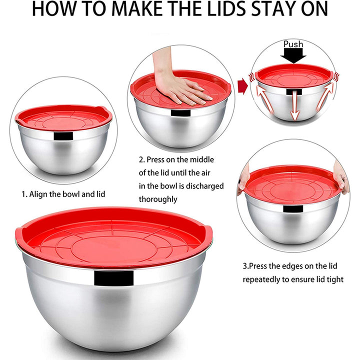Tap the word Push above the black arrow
tap(293, 44)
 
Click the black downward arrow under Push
tap(293, 56)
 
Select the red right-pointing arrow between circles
tap(242, 86)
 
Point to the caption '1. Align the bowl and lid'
tap(63, 194)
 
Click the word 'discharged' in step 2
tap(204, 185)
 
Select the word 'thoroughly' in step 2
tap(158, 199)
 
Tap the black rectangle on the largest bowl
tap(113, 278)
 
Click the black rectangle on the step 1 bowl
tap(63, 136)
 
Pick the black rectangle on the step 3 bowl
tap(293, 208)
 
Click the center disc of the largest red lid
tap(114, 247)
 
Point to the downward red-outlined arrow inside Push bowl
tap(295, 105)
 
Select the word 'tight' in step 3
tap(334, 279)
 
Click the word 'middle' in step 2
tap(202, 159)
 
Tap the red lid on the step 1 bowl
tap(63, 117)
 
